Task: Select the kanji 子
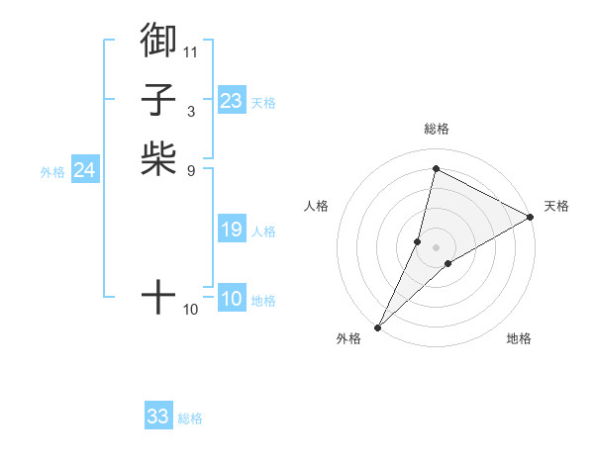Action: [x=158, y=99]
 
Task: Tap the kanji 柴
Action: [x=158, y=158]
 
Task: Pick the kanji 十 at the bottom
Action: [x=158, y=296]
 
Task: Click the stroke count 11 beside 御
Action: [x=191, y=50]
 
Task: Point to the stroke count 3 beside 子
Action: [x=191, y=111]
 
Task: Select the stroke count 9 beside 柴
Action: [x=191, y=170]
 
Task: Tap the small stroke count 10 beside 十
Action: [x=191, y=310]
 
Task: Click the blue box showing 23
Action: [x=232, y=101]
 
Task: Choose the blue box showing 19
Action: [x=232, y=231]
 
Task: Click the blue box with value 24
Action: [x=85, y=170]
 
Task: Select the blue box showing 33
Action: [x=158, y=417]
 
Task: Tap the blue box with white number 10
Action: [x=232, y=300]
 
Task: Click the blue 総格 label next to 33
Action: [x=190, y=418]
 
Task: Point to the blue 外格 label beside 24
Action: [x=52, y=172]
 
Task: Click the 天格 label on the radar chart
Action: [x=556, y=206]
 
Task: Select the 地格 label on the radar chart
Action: [x=519, y=338]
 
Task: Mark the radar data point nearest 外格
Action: [x=378, y=326]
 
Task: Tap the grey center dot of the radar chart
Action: [x=436, y=246]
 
